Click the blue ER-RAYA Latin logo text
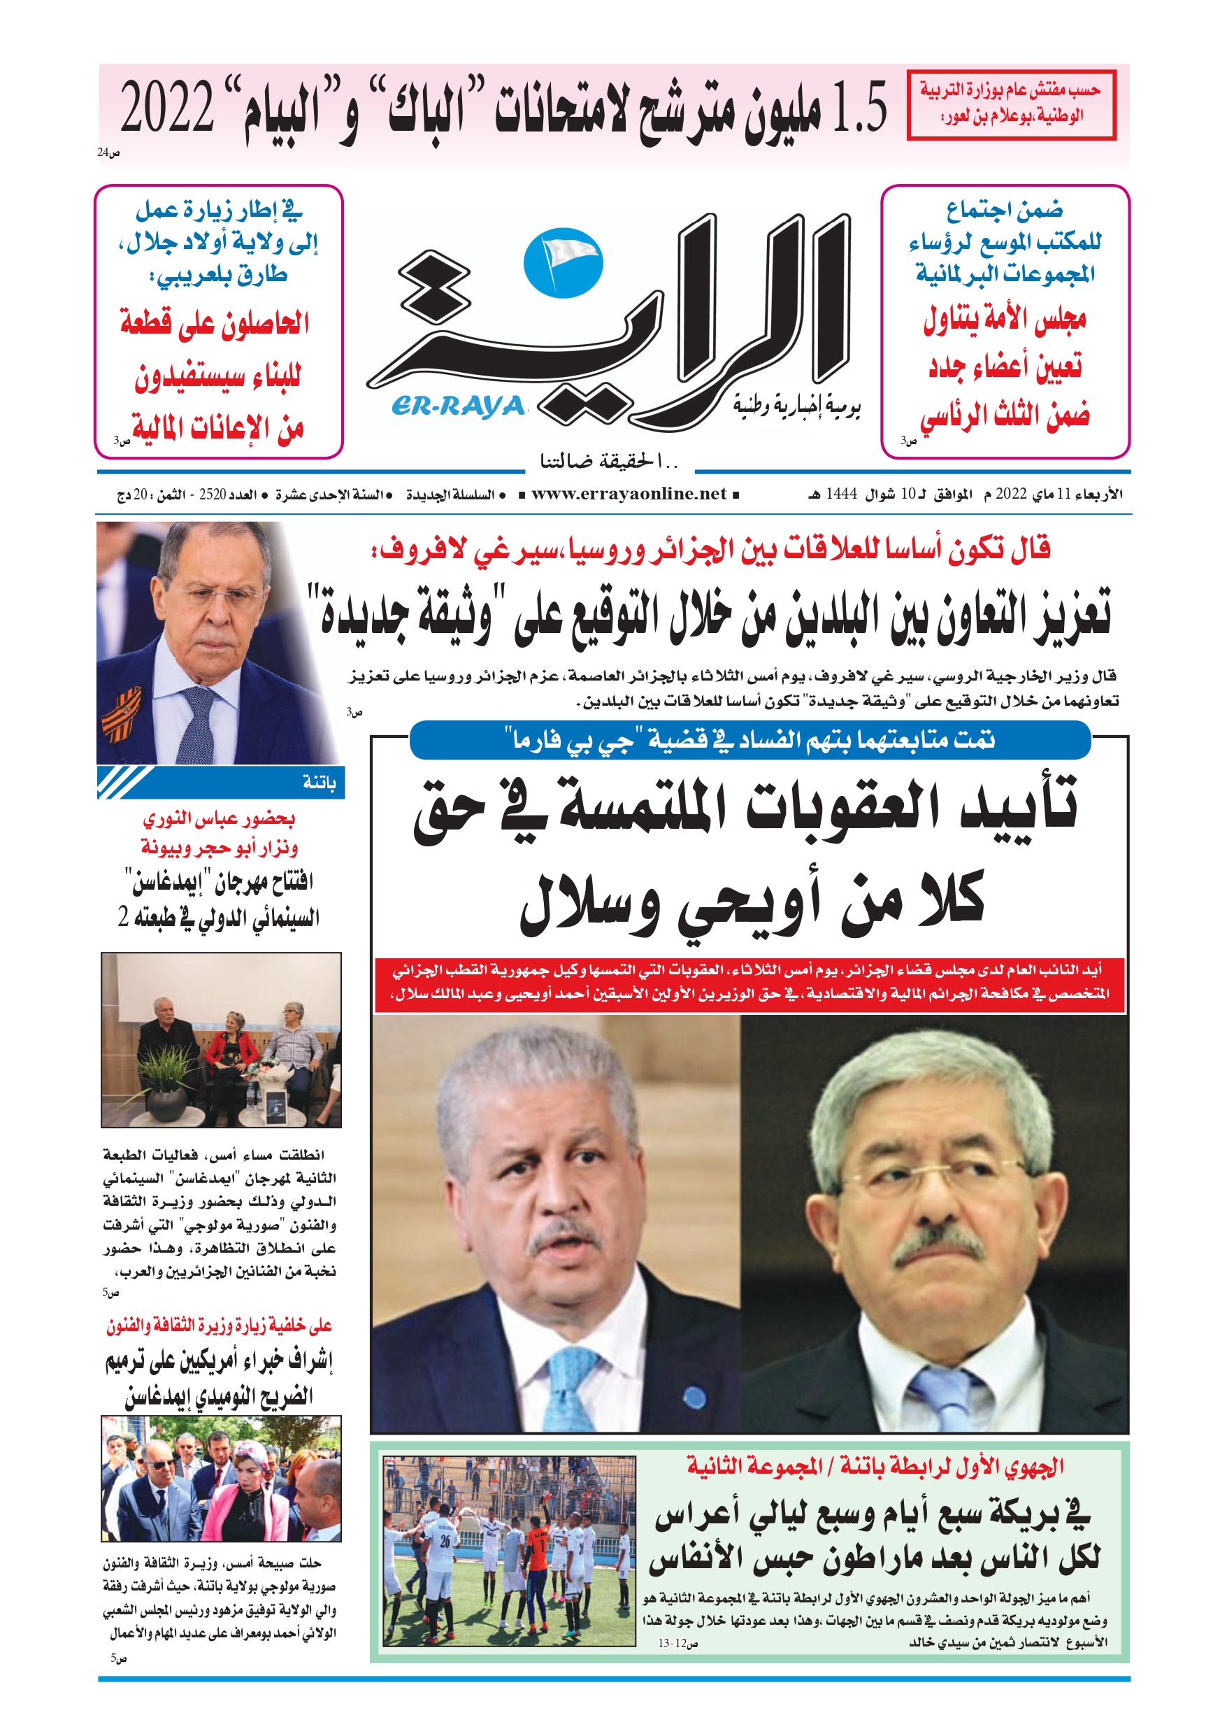457,407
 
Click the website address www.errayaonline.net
629,494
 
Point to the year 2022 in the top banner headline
168,108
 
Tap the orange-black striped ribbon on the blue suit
121,716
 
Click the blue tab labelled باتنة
318,783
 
